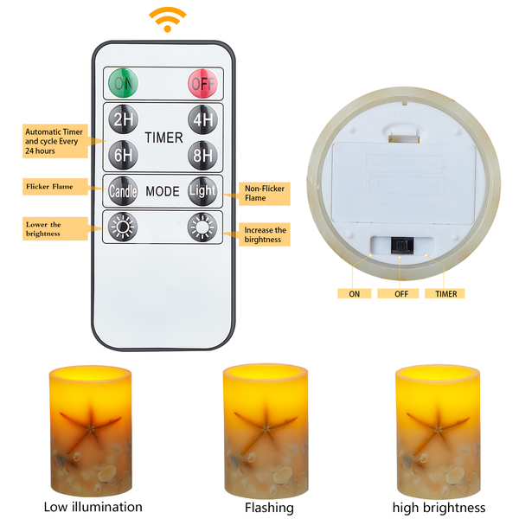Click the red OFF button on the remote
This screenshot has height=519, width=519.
tap(202, 85)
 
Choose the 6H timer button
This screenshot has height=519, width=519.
tap(121, 155)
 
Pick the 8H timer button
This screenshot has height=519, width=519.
tap(202, 155)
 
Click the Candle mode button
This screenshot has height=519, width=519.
tap(122, 190)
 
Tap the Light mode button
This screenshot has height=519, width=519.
tap(202, 190)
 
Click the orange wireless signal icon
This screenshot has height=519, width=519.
tap(167, 18)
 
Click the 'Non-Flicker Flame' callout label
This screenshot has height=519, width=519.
tap(265, 193)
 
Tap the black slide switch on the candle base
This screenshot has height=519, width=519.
tap(400, 245)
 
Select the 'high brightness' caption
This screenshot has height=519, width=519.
tap(439, 507)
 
